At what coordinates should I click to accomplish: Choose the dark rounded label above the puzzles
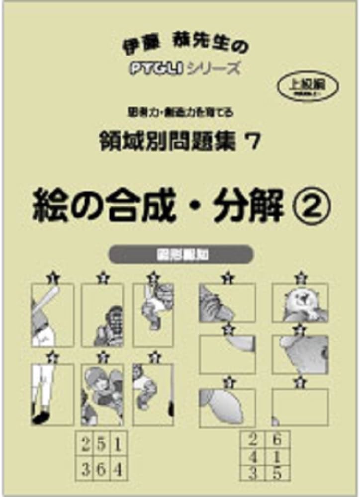180,255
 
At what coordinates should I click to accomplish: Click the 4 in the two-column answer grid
253,456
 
